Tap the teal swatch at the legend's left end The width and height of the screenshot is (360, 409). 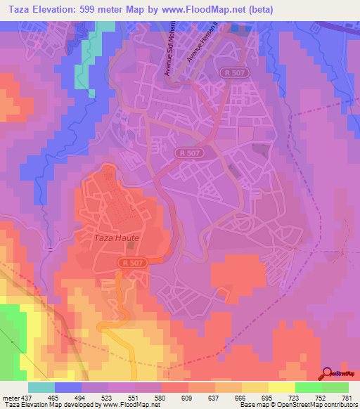pyautogui.click(x=41, y=387)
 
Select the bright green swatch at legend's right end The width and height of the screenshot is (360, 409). pyautogui.click(x=335, y=387)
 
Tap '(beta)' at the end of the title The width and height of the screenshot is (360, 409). pyautogui.click(x=257, y=9)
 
